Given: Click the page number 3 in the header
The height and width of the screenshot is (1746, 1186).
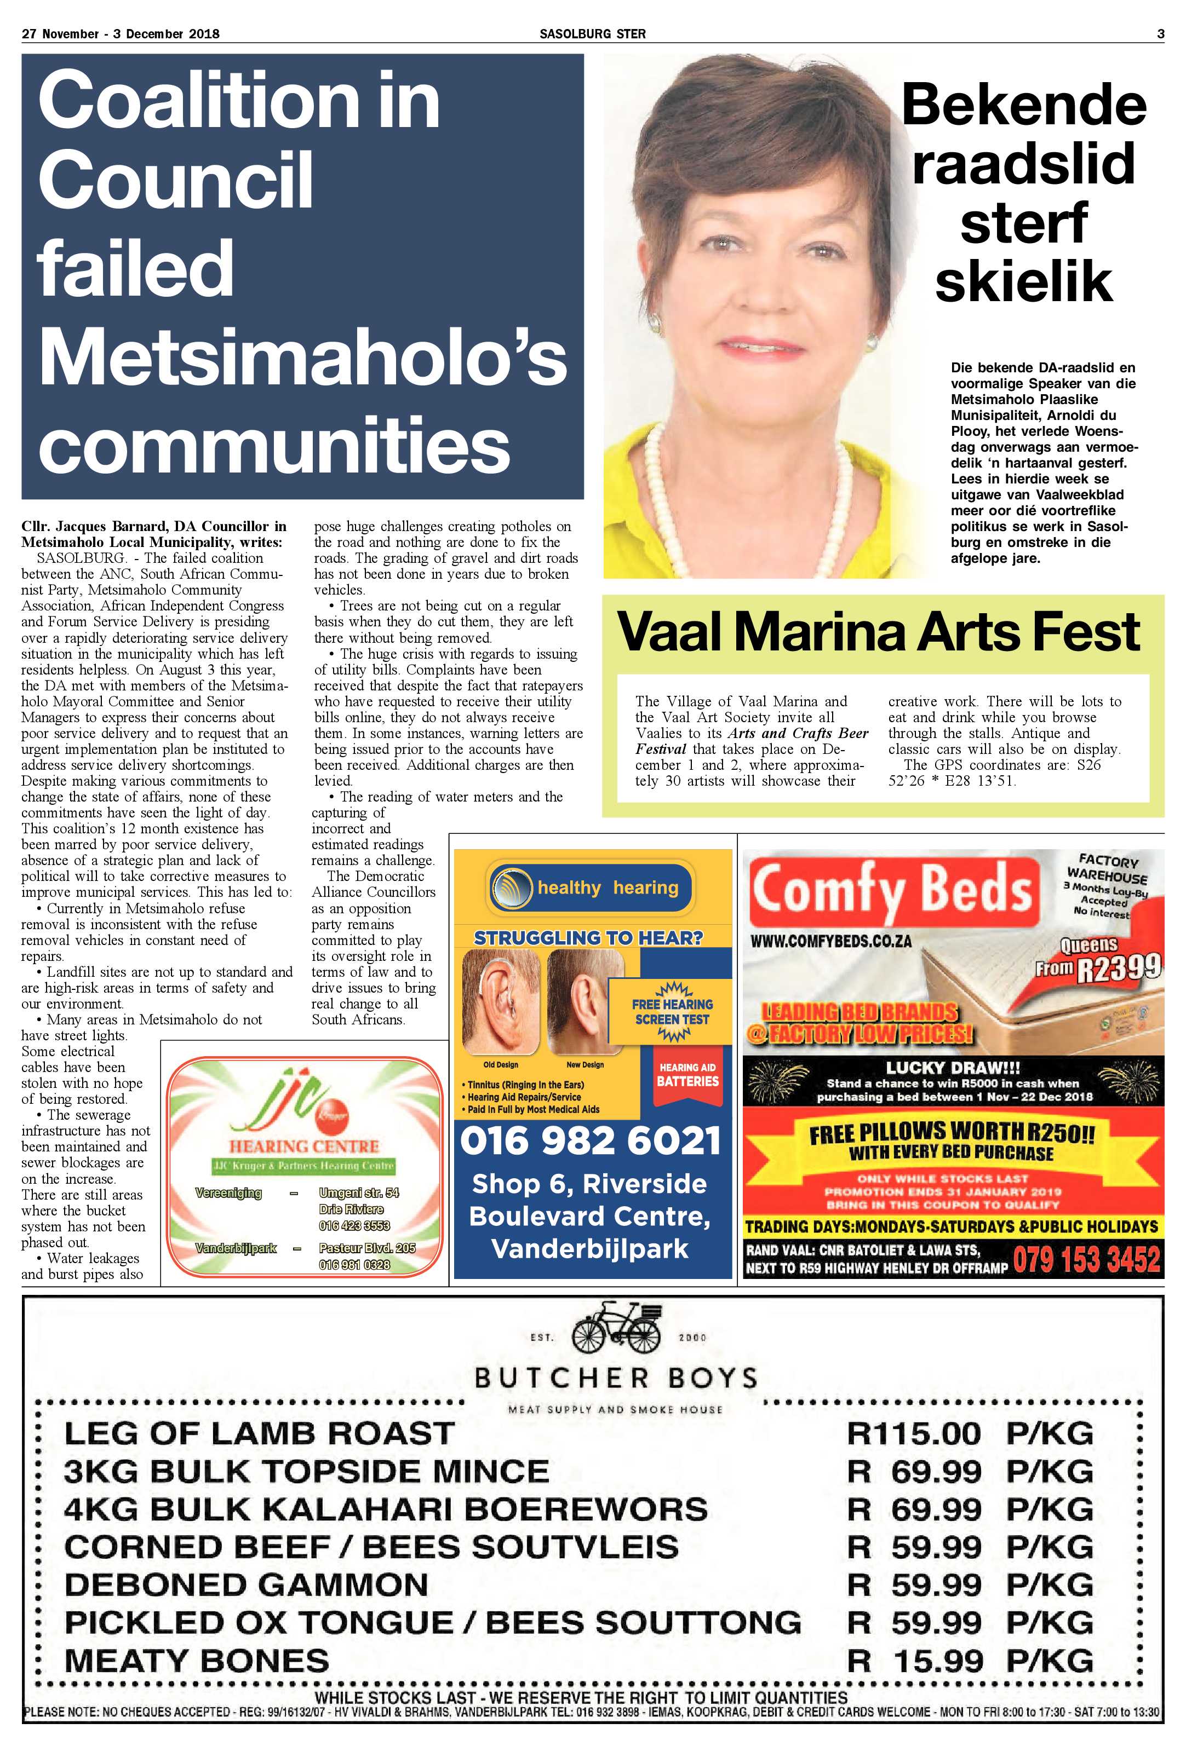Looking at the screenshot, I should tap(1160, 34).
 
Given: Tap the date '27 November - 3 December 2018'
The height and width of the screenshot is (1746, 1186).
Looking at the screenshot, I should tap(121, 34).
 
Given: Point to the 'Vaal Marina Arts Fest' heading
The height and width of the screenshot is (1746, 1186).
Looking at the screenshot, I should tap(878, 632).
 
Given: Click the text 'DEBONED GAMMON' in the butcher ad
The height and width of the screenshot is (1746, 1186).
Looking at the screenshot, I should tap(246, 1584).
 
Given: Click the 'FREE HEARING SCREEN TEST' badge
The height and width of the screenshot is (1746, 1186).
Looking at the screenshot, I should tap(672, 1011).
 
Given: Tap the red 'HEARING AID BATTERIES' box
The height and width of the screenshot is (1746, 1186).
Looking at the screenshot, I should tap(687, 1074).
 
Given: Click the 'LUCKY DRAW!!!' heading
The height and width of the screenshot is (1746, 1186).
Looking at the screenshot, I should tap(952, 1068).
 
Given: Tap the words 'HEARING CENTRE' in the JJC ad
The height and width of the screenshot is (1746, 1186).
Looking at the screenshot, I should tap(303, 1146).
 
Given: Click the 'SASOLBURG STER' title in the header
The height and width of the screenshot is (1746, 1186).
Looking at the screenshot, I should tap(592, 34).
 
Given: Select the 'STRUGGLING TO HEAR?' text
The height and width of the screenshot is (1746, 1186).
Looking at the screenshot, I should tap(588, 938).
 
